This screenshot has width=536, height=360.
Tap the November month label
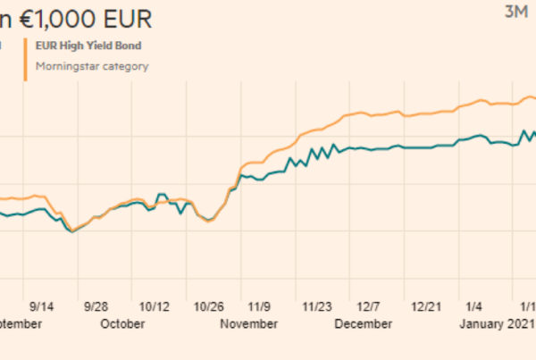point(247,323)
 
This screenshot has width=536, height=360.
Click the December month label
point(364,323)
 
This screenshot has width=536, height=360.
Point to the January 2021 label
point(497,323)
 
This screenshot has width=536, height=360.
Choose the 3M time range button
point(516,12)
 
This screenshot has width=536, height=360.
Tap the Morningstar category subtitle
point(92,65)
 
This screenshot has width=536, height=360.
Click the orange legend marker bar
point(26,55)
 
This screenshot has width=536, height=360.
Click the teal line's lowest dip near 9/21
point(71,231)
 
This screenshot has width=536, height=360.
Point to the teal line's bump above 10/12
point(162,194)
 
